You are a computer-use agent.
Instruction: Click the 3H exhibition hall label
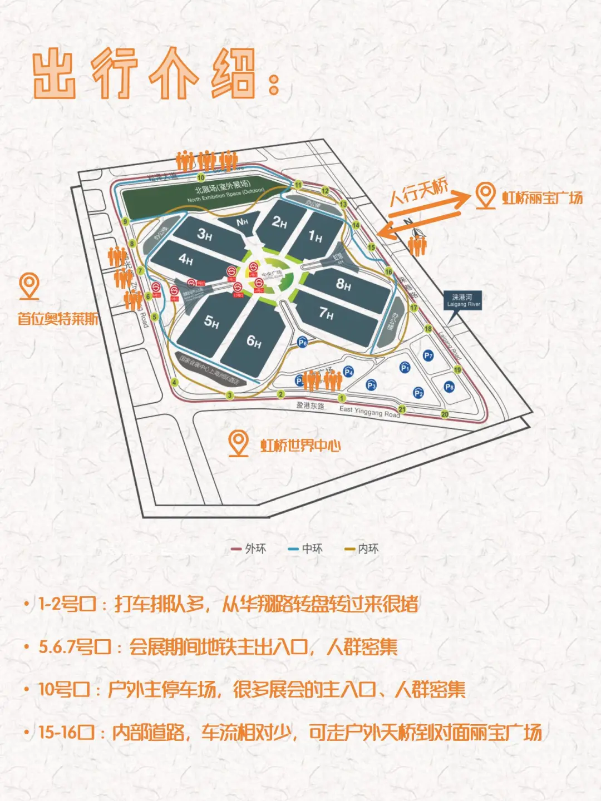205,235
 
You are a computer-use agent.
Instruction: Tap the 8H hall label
343,285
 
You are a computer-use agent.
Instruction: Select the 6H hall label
254,341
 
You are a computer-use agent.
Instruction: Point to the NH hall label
242,222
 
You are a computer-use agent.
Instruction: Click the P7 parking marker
428,355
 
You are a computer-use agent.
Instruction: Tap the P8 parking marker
449,387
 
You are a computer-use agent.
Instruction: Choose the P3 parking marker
371,385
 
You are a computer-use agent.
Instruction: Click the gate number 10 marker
201,177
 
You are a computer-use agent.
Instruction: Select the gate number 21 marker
402,409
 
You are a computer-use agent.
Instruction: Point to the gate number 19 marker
457,370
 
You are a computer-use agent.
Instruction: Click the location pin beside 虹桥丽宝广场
486,196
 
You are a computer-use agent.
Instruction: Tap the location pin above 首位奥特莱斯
29,285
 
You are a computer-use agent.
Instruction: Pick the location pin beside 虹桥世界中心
239,443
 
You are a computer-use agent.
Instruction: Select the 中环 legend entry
306,548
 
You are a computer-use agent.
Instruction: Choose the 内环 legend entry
362,548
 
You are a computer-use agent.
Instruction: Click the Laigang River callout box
462,301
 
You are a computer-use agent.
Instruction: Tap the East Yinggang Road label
370,412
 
